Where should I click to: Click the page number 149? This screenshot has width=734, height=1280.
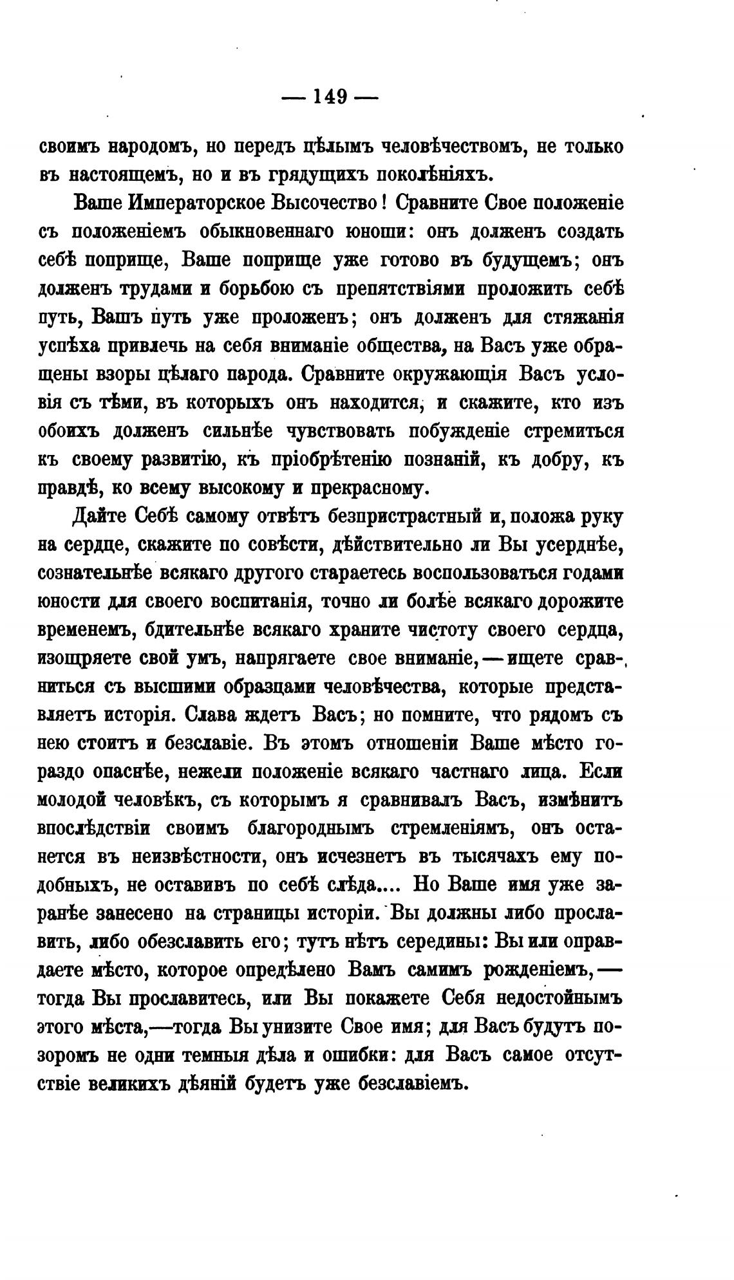click(x=330, y=97)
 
